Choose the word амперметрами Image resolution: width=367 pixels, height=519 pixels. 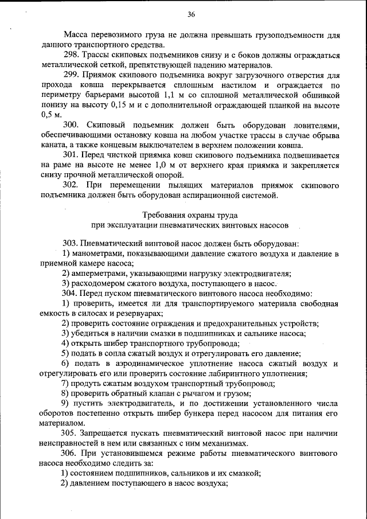pyautogui.click(x=97, y=274)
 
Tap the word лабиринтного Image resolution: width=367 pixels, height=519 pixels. pyautogui.click(x=235, y=373)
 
